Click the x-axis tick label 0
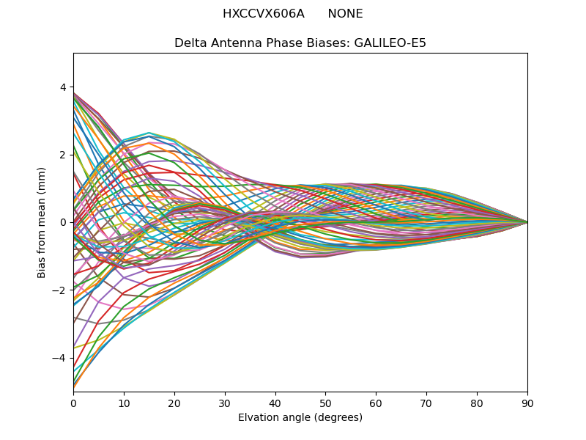tap(73, 403)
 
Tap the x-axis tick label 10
tap(124, 403)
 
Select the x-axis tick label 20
tap(174, 403)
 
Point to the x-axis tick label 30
tap(225, 403)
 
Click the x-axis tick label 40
tap(275, 403)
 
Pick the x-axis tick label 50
tap(325, 403)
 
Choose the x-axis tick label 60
tap(376, 403)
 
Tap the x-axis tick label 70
tap(426, 403)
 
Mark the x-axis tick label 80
tap(477, 403)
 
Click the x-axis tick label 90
tap(527, 403)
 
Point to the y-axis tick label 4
tap(62, 87)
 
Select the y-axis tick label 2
tap(62, 155)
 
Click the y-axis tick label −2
tap(59, 290)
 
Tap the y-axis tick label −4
tap(59, 358)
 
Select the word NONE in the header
tap(345, 14)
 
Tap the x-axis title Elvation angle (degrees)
tap(300, 418)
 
